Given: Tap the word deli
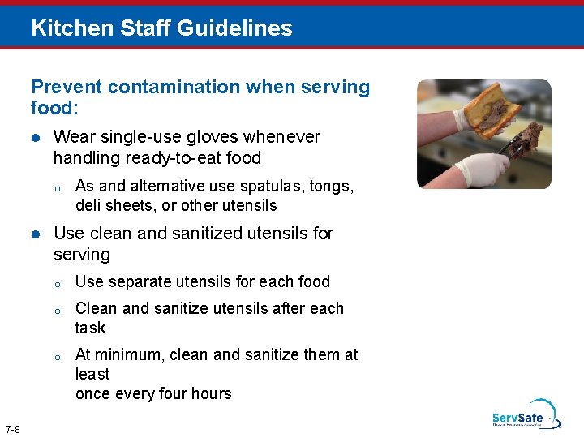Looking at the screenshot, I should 88,205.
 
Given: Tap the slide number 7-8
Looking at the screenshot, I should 13,428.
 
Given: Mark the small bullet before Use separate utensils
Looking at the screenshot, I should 58,284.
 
